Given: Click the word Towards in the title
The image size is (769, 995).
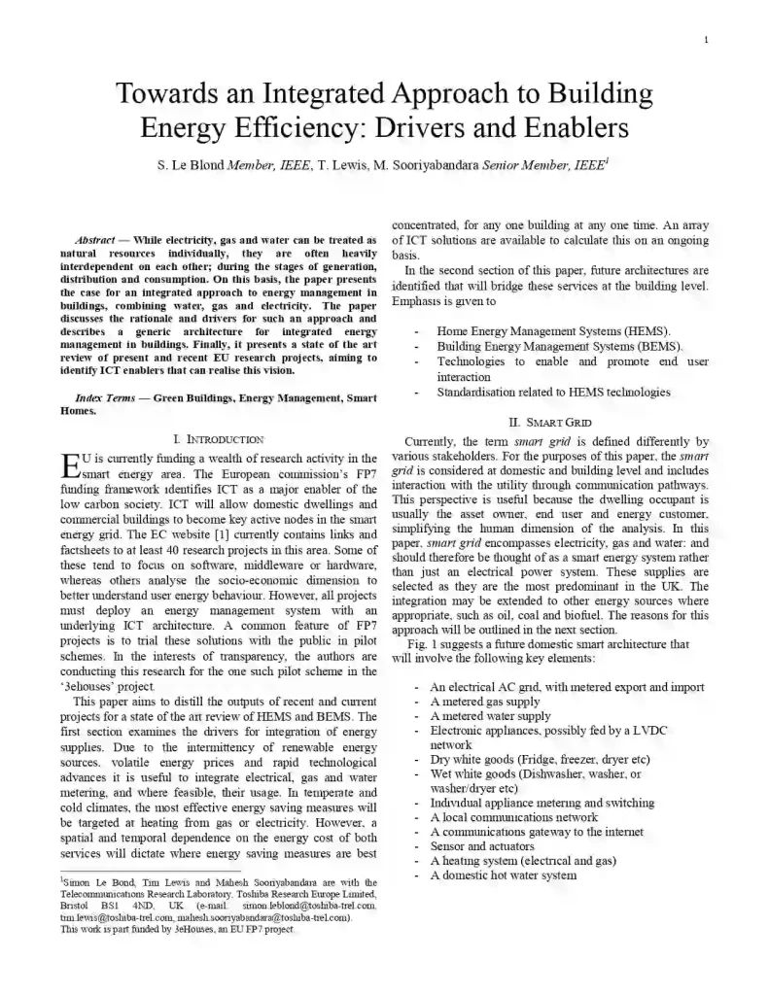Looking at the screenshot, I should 162,94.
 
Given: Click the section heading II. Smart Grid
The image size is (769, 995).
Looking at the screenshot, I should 549,423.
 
